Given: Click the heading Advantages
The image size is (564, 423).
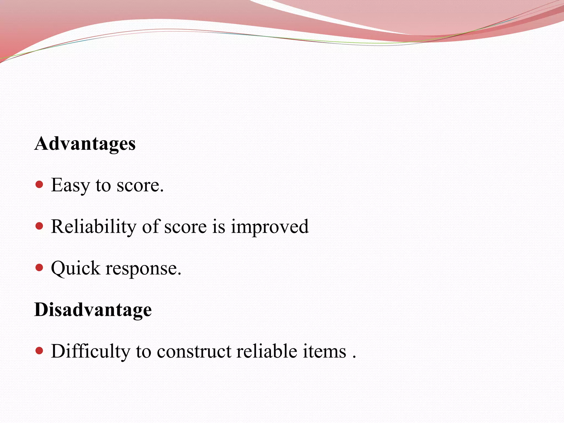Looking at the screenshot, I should pyautogui.click(x=85, y=144).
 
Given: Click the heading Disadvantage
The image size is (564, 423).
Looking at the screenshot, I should pyautogui.click(x=93, y=310).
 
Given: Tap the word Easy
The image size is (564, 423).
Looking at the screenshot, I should pyautogui.click(x=70, y=185).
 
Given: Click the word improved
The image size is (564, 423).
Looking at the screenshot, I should pyautogui.click(x=270, y=227).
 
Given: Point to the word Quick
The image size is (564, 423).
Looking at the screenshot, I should pyautogui.click(x=75, y=269).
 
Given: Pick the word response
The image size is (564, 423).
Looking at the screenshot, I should pyautogui.click(x=143, y=269).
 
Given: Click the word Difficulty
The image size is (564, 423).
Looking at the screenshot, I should pyautogui.click(x=91, y=352).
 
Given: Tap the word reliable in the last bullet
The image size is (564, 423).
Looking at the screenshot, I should pyautogui.click(x=267, y=351).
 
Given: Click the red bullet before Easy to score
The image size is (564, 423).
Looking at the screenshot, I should pyautogui.click(x=40, y=184).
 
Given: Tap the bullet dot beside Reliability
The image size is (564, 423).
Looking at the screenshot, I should pyautogui.click(x=40, y=226).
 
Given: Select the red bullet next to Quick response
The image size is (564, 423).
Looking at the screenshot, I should pyautogui.click(x=40, y=267).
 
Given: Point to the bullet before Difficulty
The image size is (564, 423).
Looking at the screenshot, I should pyautogui.click(x=40, y=351).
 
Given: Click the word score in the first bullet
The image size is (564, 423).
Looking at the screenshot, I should pyautogui.click(x=140, y=185).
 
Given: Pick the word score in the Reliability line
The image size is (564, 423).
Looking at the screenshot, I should pyautogui.click(x=185, y=227).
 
